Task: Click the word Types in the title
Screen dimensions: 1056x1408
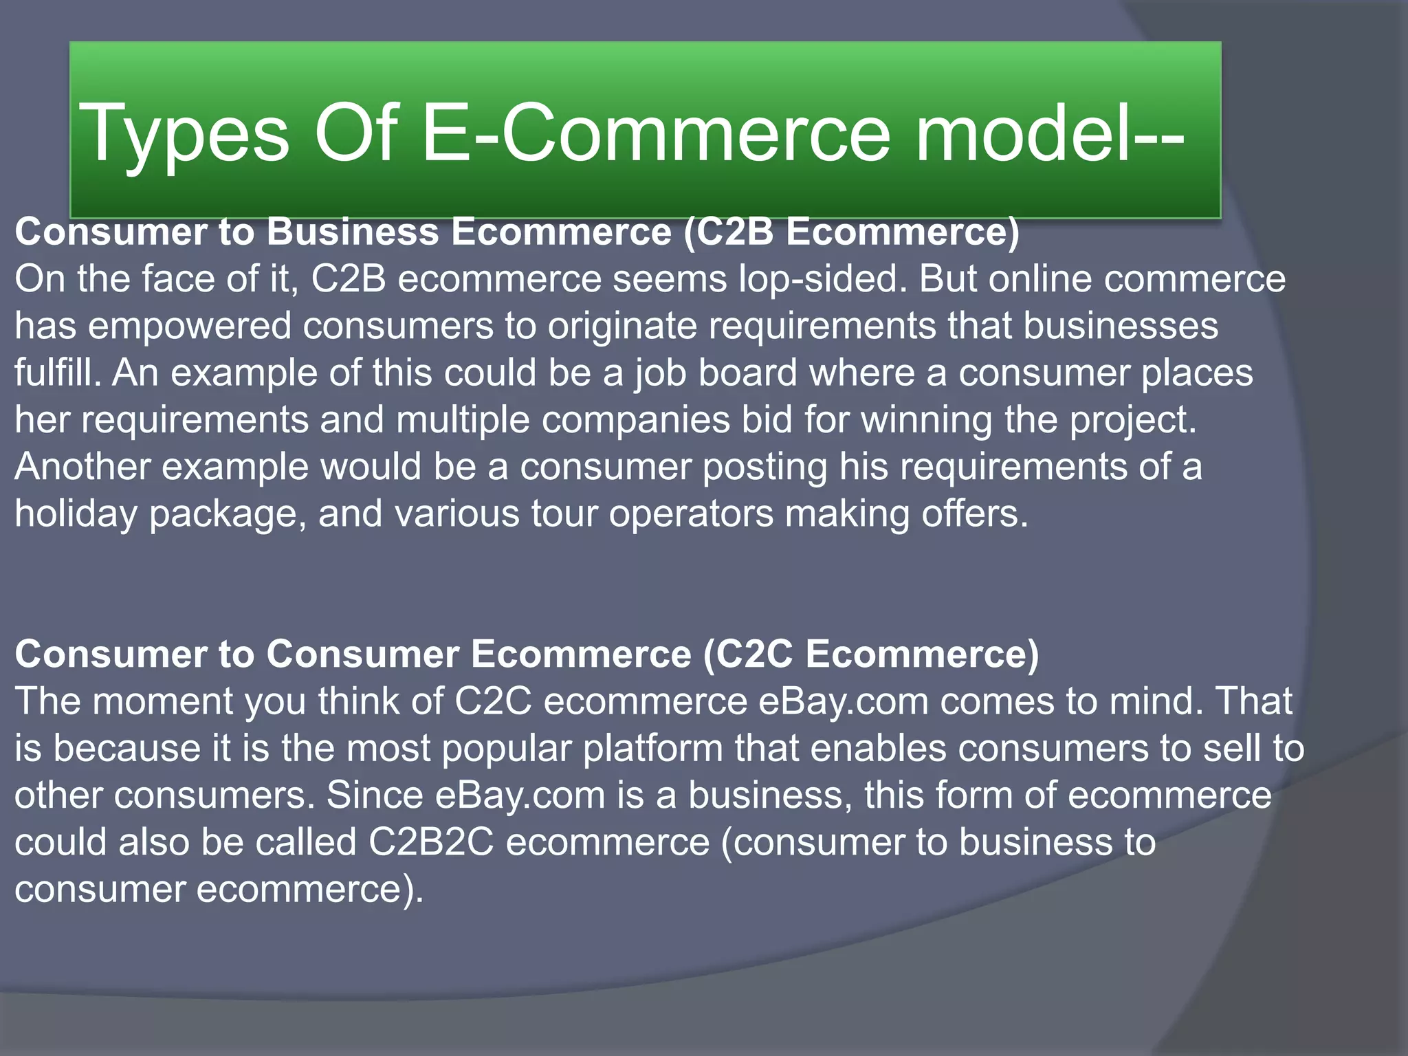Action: pyautogui.click(x=184, y=133)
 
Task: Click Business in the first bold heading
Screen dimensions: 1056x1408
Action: pyautogui.click(x=353, y=232)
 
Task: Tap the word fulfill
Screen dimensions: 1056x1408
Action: pyautogui.click(x=58, y=373)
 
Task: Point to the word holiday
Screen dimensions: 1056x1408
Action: pyautogui.click(x=76, y=514)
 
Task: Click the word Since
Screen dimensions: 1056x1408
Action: pyautogui.click(x=375, y=795)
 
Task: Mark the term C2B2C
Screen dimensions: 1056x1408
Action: pyautogui.click(x=431, y=842)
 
